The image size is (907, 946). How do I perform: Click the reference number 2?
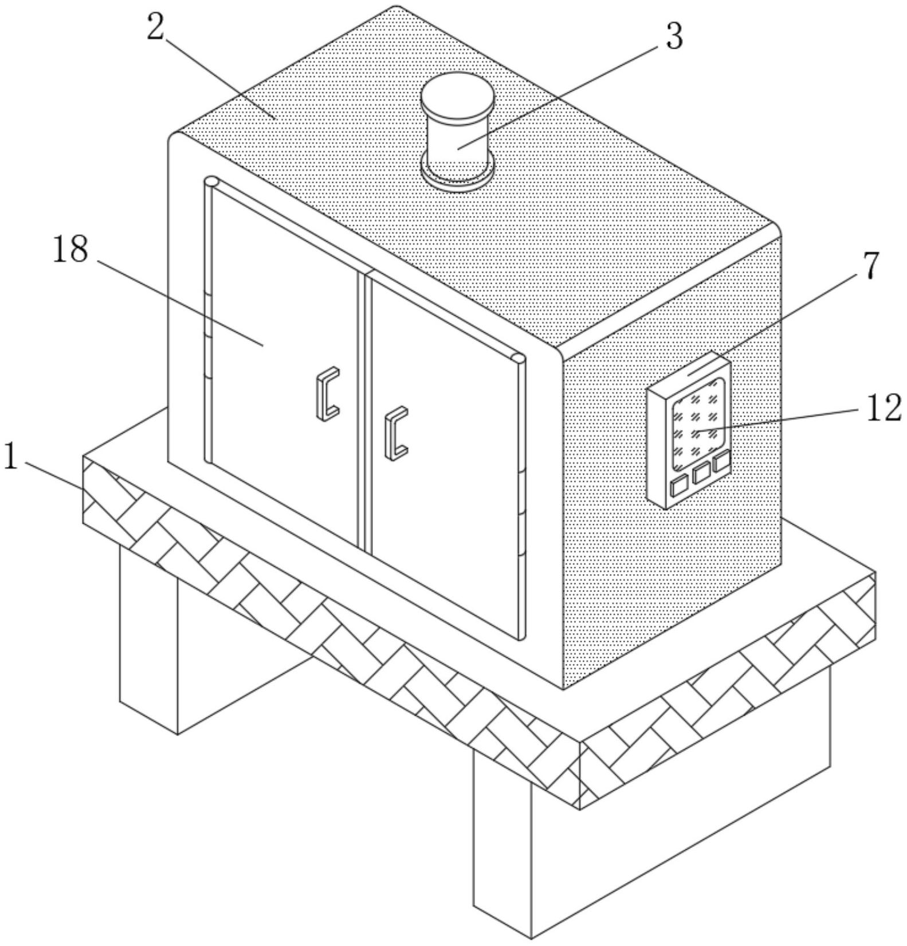155,28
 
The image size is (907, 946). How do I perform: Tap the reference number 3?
674,37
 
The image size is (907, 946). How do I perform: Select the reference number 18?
70,250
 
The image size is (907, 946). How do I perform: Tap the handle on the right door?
396,433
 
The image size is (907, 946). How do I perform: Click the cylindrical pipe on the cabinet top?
457,138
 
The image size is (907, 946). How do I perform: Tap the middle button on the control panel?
701,473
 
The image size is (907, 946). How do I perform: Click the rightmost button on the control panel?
722,462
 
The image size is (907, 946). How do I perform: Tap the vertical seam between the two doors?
362,410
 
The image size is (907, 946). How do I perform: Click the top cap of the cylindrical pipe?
457,95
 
